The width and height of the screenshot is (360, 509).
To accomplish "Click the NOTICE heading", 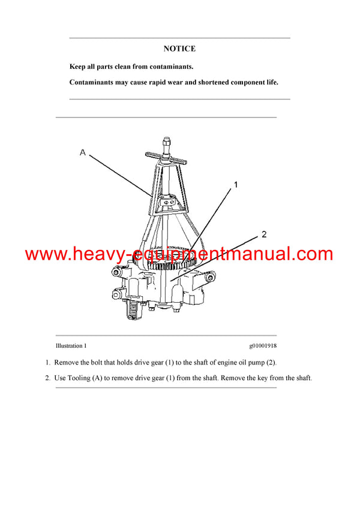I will click(x=179, y=49).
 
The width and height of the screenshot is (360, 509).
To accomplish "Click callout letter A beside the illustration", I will click(x=83, y=153).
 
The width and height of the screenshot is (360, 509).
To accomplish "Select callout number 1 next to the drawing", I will click(x=236, y=185).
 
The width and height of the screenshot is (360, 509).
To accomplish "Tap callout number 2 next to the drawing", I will click(x=263, y=234).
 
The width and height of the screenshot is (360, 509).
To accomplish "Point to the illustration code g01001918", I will click(x=263, y=346).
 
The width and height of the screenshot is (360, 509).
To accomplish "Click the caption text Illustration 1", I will click(x=71, y=346).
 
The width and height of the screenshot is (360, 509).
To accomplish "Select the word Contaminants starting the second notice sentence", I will click(x=94, y=82).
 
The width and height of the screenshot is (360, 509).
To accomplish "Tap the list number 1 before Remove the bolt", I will click(x=47, y=362).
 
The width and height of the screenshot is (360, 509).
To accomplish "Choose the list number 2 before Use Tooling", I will click(x=47, y=378).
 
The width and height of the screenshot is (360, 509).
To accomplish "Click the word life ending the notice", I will click(x=271, y=82).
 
